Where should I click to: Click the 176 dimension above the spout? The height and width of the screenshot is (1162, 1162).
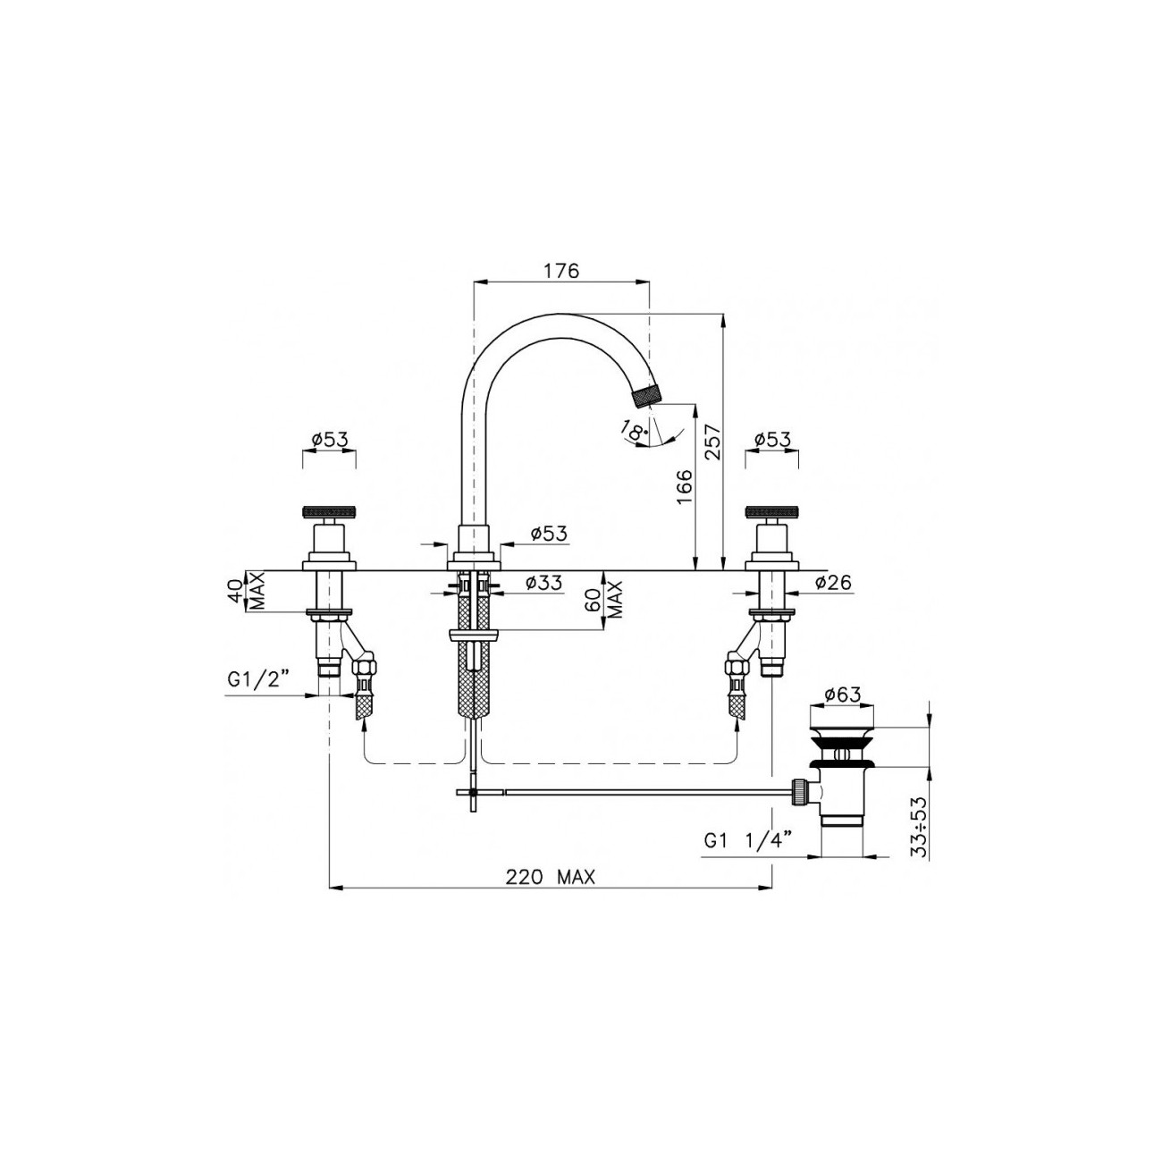(561, 270)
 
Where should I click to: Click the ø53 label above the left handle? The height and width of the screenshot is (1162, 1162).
(329, 440)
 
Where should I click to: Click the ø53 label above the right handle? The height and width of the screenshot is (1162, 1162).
(771, 440)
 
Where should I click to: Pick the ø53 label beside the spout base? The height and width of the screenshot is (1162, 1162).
(548, 534)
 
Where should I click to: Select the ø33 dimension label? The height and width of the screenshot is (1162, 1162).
(543, 584)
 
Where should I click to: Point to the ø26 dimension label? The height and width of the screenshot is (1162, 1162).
(832, 584)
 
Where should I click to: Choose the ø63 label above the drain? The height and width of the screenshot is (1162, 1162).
(842, 694)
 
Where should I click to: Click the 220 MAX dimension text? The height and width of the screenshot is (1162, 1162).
(550, 878)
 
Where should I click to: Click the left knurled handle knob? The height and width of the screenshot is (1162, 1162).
(329, 513)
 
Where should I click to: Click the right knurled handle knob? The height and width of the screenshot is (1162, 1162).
(771, 513)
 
